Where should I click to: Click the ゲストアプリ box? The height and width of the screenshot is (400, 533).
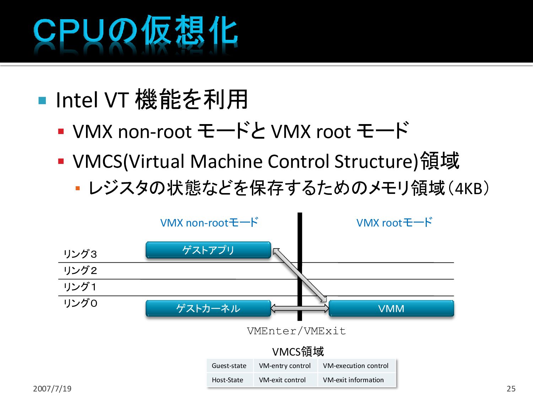coord(208,250)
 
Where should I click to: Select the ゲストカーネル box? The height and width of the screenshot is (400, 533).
coord(208,308)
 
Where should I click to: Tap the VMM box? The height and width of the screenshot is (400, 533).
coord(391,308)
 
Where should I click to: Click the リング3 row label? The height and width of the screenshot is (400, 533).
coord(80,254)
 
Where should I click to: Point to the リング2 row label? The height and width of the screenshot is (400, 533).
coord(80,271)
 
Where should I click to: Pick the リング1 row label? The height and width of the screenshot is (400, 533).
coord(80,287)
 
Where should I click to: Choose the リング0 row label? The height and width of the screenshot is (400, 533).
coord(80,303)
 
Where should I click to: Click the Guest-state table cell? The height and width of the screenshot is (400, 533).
coord(229,366)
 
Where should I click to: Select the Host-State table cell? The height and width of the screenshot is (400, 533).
coord(227,380)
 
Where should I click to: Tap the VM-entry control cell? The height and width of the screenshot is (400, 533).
coord(285,366)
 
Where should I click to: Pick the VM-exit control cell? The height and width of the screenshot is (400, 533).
coord(282,380)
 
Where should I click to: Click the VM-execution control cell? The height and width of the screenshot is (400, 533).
coord(356,366)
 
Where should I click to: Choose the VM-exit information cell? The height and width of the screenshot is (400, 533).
coord(353,380)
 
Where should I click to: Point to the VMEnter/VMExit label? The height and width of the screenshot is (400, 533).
coord(296,331)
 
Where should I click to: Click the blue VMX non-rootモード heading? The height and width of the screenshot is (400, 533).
coord(209,223)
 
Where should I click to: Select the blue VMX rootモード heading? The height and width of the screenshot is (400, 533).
coord(394,223)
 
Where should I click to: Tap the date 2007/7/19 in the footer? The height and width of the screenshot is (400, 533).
coord(52,389)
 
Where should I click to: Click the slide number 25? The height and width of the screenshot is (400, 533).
coord(511,389)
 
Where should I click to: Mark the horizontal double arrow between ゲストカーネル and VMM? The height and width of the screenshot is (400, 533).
coord(300,308)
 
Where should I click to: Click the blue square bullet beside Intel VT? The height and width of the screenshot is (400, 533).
coord(42,101)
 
